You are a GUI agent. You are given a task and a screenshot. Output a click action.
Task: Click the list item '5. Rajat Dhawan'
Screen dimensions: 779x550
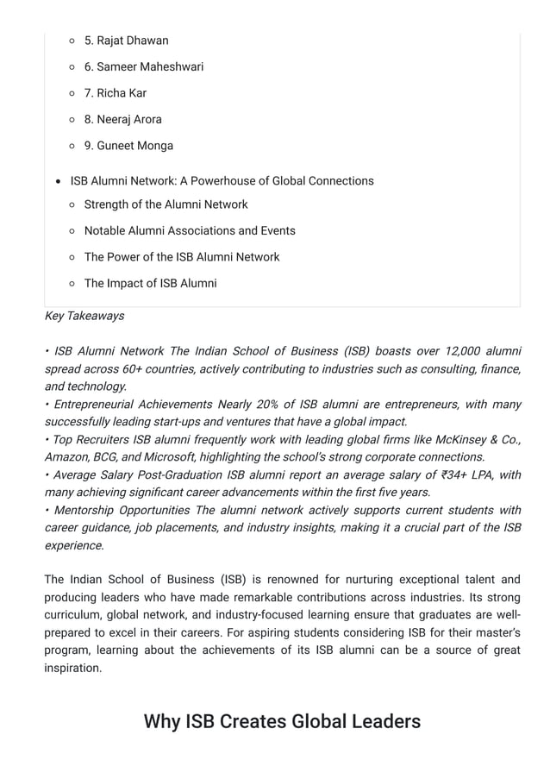[126, 41]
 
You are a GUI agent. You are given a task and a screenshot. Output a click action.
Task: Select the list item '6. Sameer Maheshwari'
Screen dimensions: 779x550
[143, 66]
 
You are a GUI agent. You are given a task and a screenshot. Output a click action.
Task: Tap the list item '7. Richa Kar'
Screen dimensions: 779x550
[115, 93]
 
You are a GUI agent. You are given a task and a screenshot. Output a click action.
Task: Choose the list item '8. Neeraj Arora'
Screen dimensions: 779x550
[122, 119]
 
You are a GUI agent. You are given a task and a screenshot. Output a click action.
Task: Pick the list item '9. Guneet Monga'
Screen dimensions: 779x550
[128, 146]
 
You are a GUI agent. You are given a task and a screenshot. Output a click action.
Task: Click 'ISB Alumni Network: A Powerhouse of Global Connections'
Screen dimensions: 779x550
[222, 181]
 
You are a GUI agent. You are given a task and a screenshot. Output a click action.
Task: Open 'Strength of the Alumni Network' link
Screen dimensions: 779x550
[166, 204]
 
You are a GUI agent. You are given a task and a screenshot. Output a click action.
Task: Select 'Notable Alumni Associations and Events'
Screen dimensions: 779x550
[190, 230]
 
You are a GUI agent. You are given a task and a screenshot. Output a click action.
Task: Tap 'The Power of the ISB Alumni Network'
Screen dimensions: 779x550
[181, 257]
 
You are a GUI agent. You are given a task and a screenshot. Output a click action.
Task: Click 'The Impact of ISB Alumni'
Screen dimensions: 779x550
[150, 283]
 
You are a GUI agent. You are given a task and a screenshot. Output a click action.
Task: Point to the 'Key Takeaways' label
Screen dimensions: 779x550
[84, 316]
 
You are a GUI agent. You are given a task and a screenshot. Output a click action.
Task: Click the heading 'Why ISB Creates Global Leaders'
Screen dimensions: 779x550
[282, 721]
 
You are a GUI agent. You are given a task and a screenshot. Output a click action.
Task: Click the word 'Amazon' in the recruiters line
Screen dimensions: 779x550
[68, 457]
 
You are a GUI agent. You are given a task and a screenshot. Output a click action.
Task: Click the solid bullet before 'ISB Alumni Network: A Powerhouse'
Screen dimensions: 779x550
[57, 181]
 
